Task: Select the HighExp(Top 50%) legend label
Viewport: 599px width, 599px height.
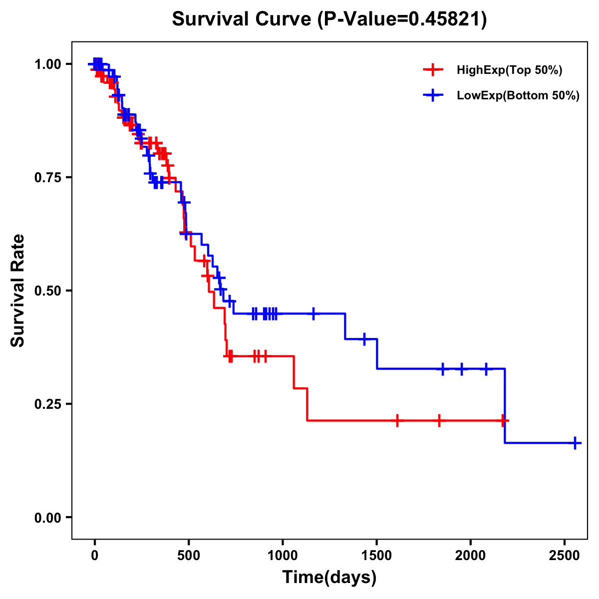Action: pyautogui.click(x=509, y=70)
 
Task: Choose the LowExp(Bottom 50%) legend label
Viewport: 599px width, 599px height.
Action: pyautogui.click(x=518, y=96)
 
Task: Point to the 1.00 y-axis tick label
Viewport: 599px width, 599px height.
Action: pyautogui.click(x=47, y=64)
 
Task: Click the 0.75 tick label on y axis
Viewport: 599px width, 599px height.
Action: pyautogui.click(x=47, y=178)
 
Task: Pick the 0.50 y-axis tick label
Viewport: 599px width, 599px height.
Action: pyautogui.click(x=47, y=291)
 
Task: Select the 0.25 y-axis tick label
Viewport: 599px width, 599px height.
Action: pyautogui.click(x=47, y=404)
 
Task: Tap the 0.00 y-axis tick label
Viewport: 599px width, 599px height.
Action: pyautogui.click(x=47, y=518)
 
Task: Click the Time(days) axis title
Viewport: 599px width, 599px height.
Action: pyautogui.click(x=329, y=578)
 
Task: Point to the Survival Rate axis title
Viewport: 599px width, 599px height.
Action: pyautogui.click(x=18, y=291)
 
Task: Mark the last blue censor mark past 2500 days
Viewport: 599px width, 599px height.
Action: pyautogui.click(x=575, y=443)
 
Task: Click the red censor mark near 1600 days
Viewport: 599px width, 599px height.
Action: pyautogui.click(x=397, y=420)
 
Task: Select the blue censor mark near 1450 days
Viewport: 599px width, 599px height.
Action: pyautogui.click(x=364, y=339)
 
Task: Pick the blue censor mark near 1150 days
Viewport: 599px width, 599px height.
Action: pyautogui.click(x=313, y=313)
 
